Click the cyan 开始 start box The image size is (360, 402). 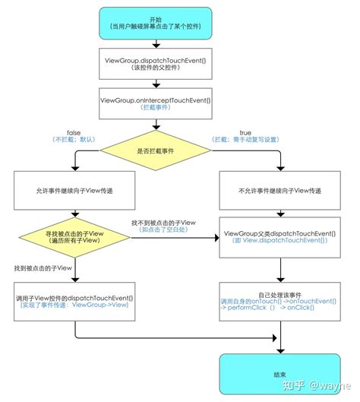155,23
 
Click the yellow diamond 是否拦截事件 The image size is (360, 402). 155,151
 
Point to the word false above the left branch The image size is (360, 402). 74,132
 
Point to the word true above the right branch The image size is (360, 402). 245,132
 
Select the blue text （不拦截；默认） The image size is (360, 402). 74,141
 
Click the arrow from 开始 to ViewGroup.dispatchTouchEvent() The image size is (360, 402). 155,44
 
